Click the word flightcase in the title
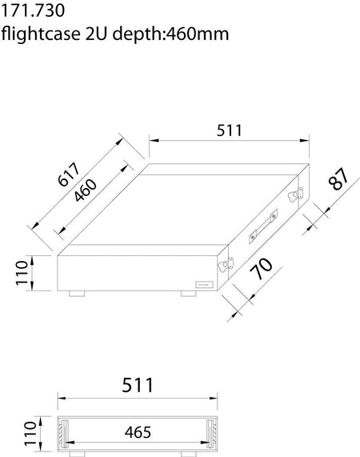click(41, 34)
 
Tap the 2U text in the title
click(100, 34)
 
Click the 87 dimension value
click(340, 179)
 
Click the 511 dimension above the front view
click(137, 384)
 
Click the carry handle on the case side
click(263, 226)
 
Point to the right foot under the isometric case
click(189, 293)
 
